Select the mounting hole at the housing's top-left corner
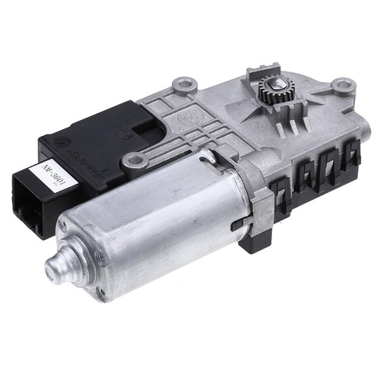click(x=182, y=82)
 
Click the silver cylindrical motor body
click(x=152, y=228)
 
